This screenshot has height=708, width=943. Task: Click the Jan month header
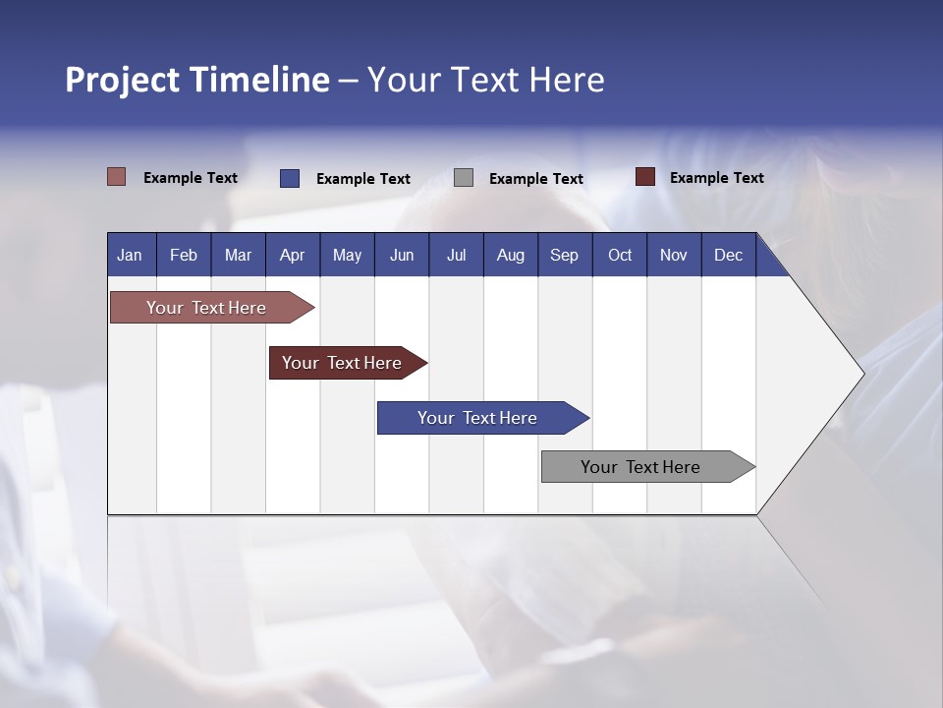(131, 255)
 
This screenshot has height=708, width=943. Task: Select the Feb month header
(184, 255)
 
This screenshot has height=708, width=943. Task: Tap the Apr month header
(293, 255)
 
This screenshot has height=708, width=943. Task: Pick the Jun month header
(402, 255)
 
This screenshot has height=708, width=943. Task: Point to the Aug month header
(511, 255)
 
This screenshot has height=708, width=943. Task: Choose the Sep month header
(565, 255)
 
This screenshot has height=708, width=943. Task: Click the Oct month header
(620, 255)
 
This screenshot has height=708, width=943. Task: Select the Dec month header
(729, 255)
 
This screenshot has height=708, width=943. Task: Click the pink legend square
(117, 177)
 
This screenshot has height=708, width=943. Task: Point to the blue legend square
(290, 178)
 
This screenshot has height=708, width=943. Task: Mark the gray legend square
(464, 178)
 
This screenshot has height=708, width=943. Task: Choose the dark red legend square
(645, 177)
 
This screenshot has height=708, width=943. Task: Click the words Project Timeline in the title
(197, 80)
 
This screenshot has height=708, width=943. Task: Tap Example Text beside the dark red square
(716, 178)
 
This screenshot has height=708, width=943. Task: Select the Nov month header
(674, 255)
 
